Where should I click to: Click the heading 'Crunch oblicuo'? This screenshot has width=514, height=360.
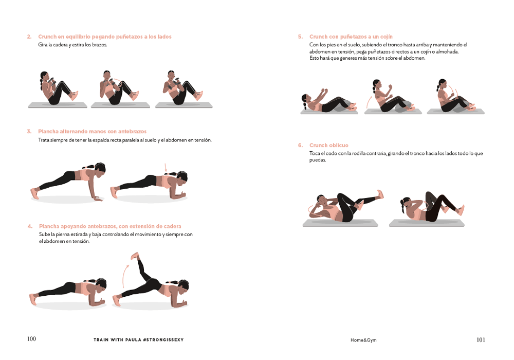coord(329,145)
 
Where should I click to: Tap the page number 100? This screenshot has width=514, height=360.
coord(31,339)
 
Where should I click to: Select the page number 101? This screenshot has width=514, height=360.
coord(481,339)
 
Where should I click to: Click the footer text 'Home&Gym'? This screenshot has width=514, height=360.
coord(363,340)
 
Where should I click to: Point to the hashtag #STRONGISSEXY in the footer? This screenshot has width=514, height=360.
coord(163,339)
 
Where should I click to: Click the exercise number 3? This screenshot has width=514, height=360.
coord(29,132)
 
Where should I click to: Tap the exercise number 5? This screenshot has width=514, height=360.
coord(300,37)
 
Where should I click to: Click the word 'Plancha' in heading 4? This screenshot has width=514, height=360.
coord(49,226)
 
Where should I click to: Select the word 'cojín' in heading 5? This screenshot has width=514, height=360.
coord(386,37)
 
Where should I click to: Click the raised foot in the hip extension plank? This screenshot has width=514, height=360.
coord(135,256)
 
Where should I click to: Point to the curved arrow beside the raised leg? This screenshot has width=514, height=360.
coord(125,276)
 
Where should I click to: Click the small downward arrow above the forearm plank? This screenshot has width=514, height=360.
coord(166,167)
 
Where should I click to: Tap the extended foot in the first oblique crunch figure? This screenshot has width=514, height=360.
coord(380,194)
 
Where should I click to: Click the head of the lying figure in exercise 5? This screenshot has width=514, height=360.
coord(306,99)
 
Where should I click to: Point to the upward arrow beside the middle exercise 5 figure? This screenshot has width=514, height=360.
coord(369,102)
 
